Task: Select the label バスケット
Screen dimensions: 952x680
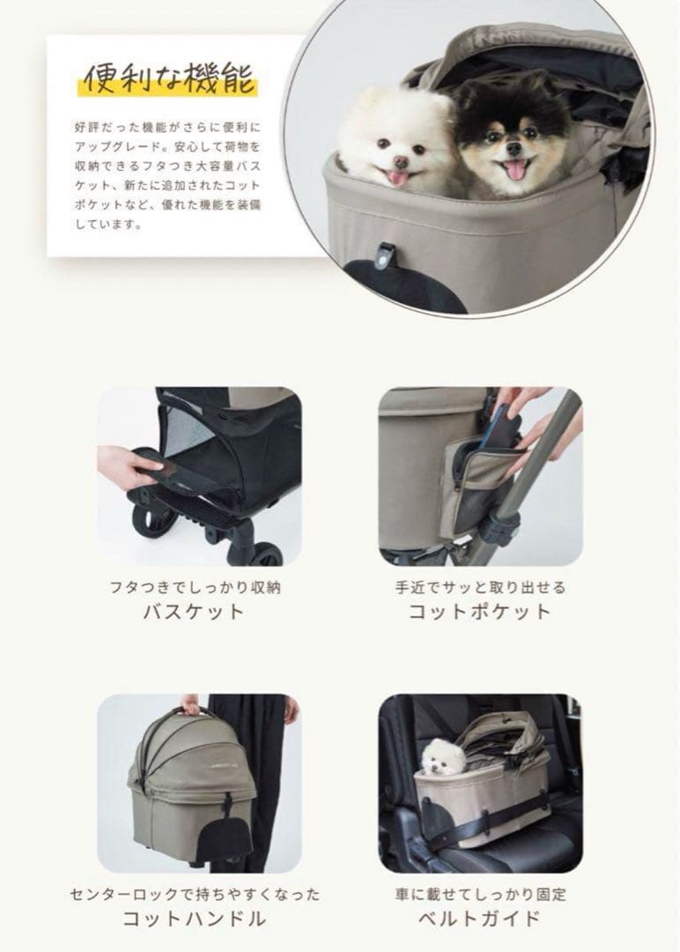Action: pyautogui.click(x=194, y=612)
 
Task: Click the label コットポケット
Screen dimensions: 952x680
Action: pyautogui.click(x=479, y=612)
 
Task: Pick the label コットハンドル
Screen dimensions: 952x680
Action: pyautogui.click(x=194, y=919)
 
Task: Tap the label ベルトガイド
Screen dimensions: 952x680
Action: pyautogui.click(x=479, y=919)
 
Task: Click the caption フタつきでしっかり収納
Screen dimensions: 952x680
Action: pyautogui.click(x=194, y=586)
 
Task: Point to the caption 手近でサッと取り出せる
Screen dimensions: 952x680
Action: pyautogui.click(x=479, y=586)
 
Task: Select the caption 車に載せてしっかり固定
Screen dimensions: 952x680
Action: pyautogui.click(x=479, y=894)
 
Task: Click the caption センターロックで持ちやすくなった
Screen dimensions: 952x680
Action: pyautogui.click(x=194, y=894)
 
